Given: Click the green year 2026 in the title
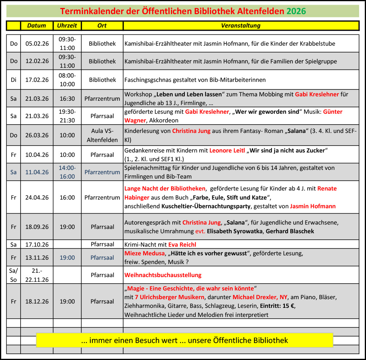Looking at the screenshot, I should click(x=296, y=11).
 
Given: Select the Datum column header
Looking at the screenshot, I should click(x=37, y=25).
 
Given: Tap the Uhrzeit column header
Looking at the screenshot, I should click(x=67, y=25).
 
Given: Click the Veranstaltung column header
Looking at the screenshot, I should click(x=241, y=25).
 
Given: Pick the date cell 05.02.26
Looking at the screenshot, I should click(x=37, y=43).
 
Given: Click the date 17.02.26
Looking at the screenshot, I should click(x=37, y=80).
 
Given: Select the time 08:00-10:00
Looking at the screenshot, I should click(x=67, y=80).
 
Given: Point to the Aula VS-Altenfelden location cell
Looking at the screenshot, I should click(x=102, y=135).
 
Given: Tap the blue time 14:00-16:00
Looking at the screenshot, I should click(x=67, y=172).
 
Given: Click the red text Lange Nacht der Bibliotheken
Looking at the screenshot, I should click(x=165, y=188).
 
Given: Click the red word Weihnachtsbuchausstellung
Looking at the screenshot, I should click(x=163, y=275).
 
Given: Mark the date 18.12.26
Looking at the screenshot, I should click(x=37, y=301).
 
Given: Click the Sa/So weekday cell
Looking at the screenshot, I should click(x=13, y=275).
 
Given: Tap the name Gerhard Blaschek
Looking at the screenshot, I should click(x=290, y=231).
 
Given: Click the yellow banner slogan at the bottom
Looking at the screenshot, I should click(x=184, y=340).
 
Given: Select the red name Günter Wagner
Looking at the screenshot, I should click(x=333, y=112).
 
